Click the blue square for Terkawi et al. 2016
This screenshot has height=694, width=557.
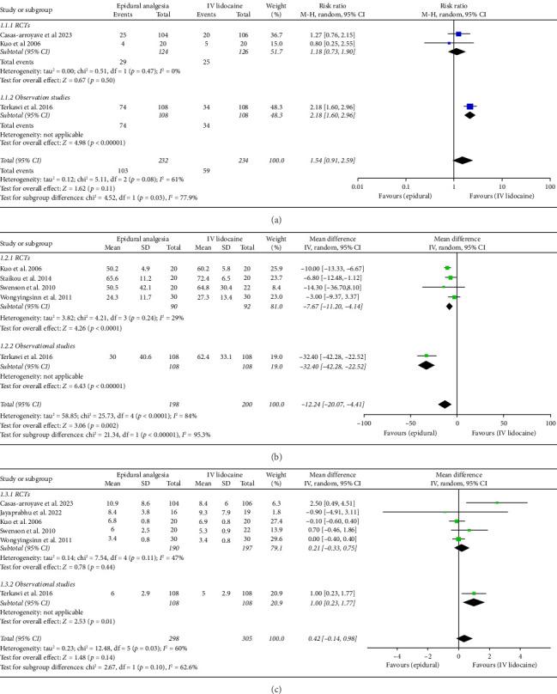(x=470, y=107)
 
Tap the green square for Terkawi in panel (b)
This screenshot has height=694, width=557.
(x=427, y=355)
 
